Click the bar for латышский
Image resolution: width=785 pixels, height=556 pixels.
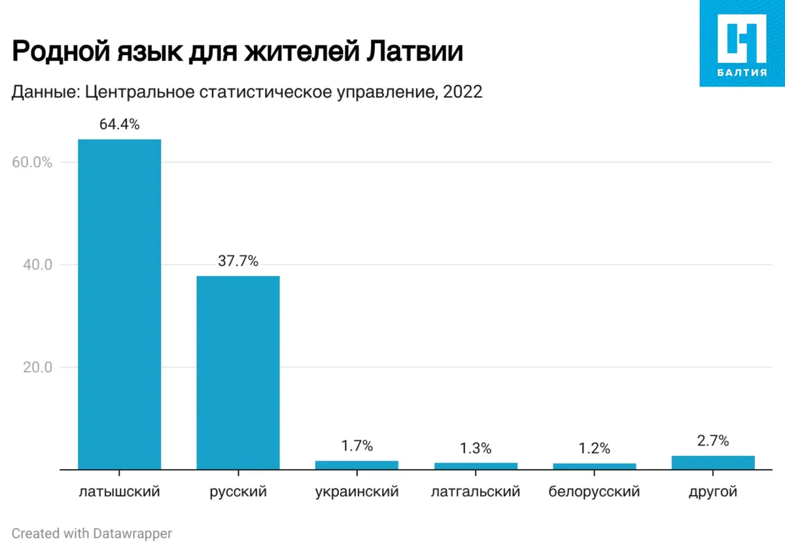pos(119,304)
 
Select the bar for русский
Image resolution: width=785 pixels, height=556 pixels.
pos(238,372)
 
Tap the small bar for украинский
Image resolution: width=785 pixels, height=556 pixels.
pos(357,465)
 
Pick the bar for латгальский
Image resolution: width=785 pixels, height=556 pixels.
pos(476,466)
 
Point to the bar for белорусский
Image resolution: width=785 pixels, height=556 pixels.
pos(594,466)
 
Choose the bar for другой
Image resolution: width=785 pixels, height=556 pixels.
pos(713,463)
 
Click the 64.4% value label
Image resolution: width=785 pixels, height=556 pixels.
pos(119,124)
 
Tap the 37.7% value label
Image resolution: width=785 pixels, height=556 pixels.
pos(238,261)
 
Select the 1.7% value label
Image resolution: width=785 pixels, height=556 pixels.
pos(357,446)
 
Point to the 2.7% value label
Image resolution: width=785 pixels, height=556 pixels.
pos(713,441)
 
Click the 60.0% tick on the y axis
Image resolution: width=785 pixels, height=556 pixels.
pos(32,162)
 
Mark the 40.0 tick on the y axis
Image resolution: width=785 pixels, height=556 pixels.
pos(37,265)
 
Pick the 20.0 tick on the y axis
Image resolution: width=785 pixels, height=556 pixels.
pos(37,367)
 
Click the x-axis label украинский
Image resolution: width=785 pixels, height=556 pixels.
pos(357,492)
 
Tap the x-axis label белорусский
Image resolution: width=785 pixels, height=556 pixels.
pos(594,492)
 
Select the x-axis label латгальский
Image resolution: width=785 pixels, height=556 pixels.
pos(476,492)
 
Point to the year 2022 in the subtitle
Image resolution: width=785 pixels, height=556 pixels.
pos(462,92)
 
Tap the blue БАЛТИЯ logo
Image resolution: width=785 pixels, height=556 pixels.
pos(742,43)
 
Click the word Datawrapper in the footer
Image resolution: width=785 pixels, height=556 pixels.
pos(132,534)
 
